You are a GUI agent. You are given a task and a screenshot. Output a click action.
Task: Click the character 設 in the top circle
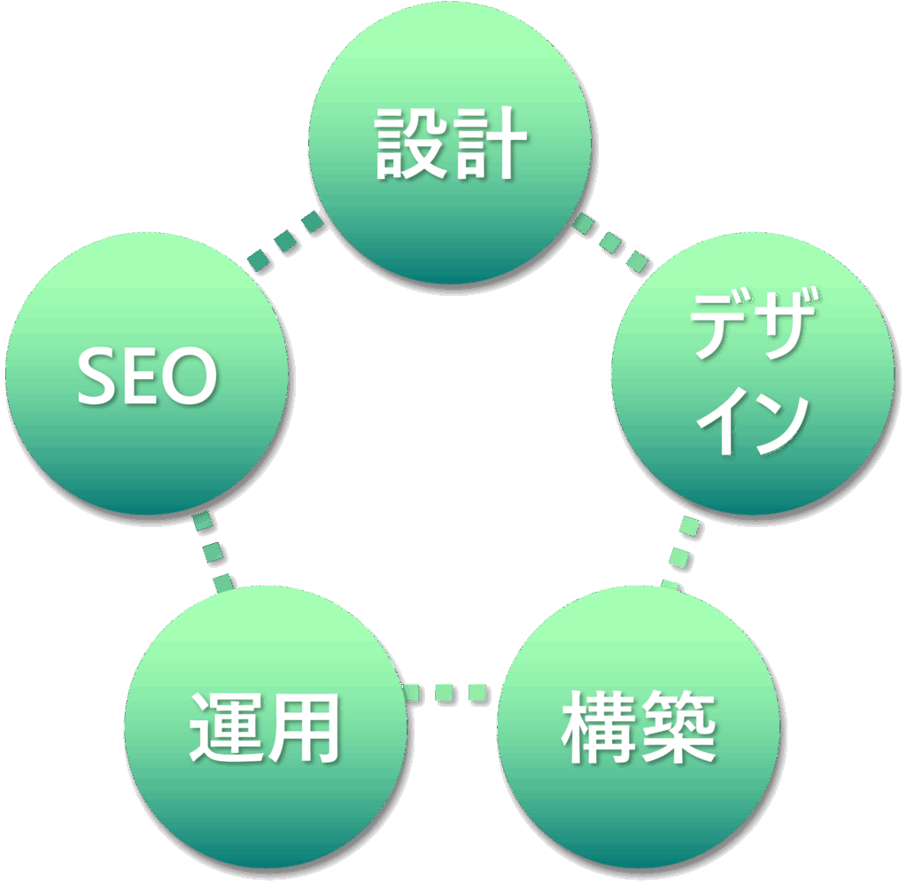tap(410, 144)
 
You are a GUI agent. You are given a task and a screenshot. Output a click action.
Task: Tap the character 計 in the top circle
tap(490, 144)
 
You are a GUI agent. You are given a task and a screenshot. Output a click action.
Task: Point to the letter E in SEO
tap(142, 376)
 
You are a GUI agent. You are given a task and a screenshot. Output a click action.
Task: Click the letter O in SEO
tap(190, 376)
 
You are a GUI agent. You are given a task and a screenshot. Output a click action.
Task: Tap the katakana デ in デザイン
tap(719, 325)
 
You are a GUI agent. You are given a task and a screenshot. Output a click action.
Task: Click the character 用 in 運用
tap(304, 727)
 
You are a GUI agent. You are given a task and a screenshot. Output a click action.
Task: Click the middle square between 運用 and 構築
tap(446, 693)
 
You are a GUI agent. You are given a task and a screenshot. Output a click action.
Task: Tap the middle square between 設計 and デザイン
tap(610, 241)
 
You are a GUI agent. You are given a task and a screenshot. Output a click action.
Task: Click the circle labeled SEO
tap(147, 374)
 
